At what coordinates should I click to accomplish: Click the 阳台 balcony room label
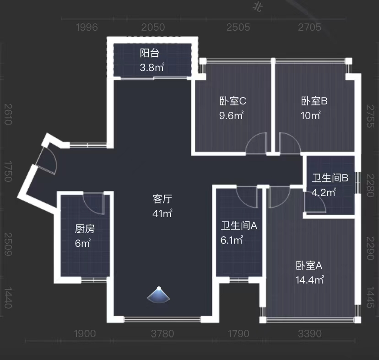(x=150, y=53)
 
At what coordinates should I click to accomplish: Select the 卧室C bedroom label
(x=233, y=101)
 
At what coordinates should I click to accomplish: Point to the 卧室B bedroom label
(x=314, y=101)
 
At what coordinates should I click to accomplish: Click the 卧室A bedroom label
(x=309, y=265)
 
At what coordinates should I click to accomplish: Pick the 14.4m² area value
(x=310, y=279)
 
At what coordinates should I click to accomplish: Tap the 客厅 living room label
(x=162, y=199)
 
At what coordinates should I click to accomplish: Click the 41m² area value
(x=162, y=213)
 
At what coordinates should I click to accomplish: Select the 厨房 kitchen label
(x=85, y=229)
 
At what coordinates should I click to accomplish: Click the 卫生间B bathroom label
(x=330, y=178)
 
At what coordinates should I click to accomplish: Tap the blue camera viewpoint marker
(x=158, y=295)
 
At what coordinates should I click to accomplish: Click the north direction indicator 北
(x=258, y=7)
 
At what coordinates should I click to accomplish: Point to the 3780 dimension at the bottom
(x=162, y=333)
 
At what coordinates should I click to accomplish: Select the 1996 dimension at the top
(x=87, y=27)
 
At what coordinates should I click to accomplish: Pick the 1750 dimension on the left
(x=7, y=171)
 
